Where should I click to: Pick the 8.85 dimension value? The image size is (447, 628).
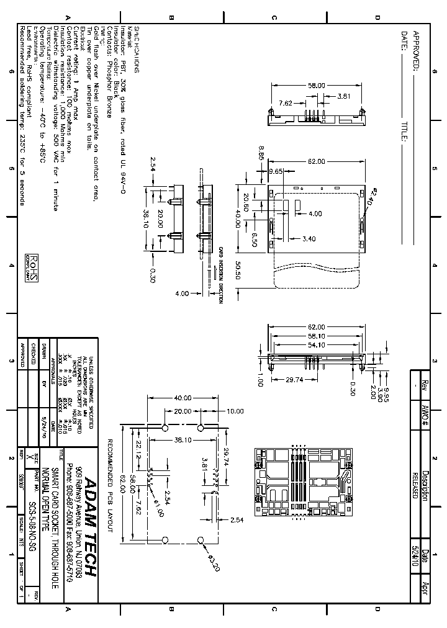click(263, 153)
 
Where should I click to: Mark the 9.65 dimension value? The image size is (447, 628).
click(276, 171)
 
